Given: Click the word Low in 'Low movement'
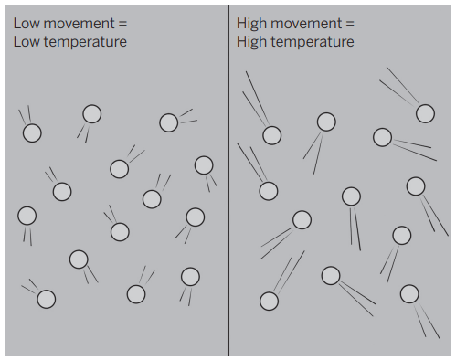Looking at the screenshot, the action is [27, 24].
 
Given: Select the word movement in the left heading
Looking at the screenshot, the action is [79, 24].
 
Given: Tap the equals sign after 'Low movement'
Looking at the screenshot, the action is [122, 24].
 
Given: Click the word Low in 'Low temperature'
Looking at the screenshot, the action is [27, 42].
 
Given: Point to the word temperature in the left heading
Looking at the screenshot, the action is [85, 43].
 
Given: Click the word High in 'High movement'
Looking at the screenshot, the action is [251, 24].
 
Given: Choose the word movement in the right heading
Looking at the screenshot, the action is [306, 24].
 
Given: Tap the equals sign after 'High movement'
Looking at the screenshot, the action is [350, 24].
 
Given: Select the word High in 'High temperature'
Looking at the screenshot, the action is [251, 42].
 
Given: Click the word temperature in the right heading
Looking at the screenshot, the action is [313, 43].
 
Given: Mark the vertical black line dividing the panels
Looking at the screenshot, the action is [228, 180].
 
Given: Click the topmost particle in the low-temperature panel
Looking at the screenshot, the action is [92, 114].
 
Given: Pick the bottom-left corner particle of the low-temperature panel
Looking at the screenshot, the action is [47, 299].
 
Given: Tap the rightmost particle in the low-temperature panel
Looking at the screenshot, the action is [204, 165].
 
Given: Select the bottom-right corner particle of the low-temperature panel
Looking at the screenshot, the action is [190, 277].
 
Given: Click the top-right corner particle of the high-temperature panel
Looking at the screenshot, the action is [425, 113].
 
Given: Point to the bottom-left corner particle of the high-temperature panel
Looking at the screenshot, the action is [269, 301].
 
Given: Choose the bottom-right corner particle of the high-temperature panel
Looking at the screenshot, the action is [409, 294].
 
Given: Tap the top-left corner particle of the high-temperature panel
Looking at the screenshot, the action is [272, 135].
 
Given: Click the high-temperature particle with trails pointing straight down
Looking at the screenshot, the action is [351, 196].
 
